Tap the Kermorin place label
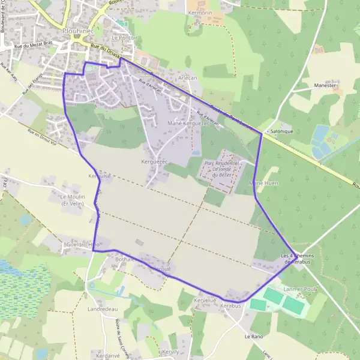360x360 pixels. pos(201,12)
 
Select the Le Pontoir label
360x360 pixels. pos(124,37)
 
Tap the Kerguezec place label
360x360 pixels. pos(154,161)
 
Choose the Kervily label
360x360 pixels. pos(170,352)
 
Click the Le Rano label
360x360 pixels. pos(254,337)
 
